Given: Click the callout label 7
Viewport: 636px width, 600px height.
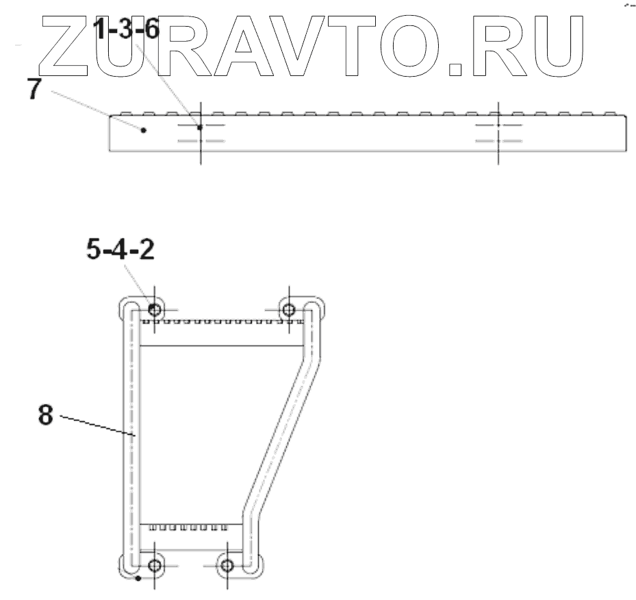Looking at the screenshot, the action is (34, 89).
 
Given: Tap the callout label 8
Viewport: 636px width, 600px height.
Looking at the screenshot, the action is (46, 415).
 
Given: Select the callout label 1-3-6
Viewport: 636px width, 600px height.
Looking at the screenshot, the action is (126, 29).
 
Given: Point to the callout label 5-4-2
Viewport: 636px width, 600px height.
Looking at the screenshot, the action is (120, 249).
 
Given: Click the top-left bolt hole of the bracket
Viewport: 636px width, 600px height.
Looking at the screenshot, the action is (155, 310).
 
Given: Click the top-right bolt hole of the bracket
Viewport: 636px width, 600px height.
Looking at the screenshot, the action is (288, 310).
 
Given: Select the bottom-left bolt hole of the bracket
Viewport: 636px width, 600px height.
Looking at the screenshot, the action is (155, 565).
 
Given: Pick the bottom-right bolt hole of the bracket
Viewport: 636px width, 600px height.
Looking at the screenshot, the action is (227, 565).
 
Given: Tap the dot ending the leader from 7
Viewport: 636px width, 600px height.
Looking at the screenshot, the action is (143, 130).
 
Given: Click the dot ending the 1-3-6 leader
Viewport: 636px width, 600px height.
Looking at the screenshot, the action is (199, 127).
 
